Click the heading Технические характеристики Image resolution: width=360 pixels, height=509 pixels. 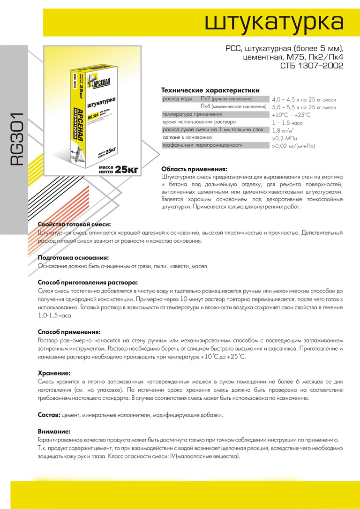coord(210,90)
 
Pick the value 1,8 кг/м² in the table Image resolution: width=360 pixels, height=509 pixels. coord(283,131)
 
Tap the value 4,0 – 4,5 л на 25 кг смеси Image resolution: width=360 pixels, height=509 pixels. coord(304,100)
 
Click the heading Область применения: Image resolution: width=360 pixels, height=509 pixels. coord(194,169)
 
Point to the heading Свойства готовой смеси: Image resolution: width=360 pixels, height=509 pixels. coord(74,225)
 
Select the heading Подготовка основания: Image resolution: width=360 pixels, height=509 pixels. coord(73,258)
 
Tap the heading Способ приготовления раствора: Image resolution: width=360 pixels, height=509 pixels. coord(88,283)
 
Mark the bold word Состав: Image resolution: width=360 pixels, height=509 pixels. coord(49,415)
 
